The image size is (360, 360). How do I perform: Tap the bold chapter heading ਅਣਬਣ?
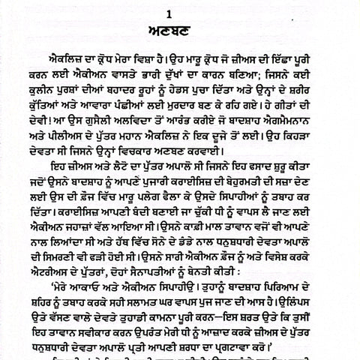[x=180, y=28]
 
